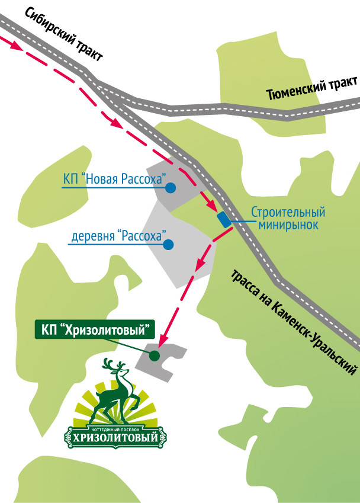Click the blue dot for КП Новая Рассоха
(x=171, y=188)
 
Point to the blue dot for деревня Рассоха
(x=169, y=244)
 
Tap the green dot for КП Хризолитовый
(x=154, y=355)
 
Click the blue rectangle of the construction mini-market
(x=224, y=219)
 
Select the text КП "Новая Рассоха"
(x=113, y=179)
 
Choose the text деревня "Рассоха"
(x=117, y=235)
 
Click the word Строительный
(x=288, y=212)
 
